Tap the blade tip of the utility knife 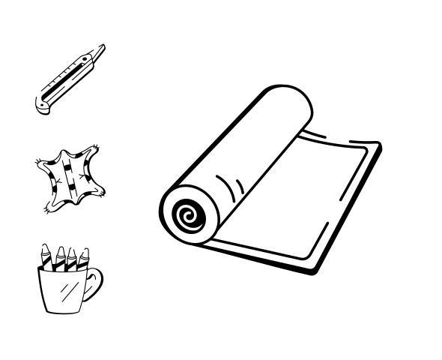[103, 47]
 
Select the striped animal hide [70, 178]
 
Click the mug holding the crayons [64, 289]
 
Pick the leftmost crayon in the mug [47, 256]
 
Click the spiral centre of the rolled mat [187, 217]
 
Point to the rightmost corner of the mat [379, 147]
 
